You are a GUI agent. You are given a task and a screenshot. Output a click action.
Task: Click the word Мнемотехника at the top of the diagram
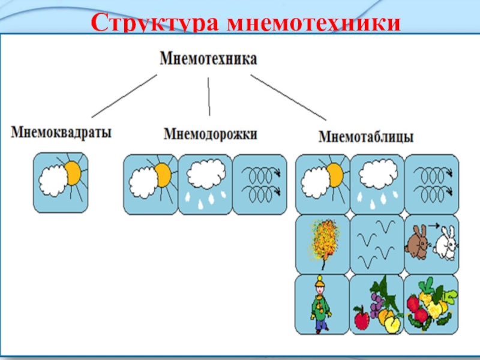pos(208,59)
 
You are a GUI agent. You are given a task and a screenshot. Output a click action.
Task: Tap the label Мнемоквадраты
pos(61,132)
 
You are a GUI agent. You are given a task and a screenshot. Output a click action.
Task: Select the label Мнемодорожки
pos(210,133)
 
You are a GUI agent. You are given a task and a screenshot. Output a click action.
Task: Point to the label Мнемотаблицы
pos(366,137)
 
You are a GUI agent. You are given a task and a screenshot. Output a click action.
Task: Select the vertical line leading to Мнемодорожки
pos(209,96)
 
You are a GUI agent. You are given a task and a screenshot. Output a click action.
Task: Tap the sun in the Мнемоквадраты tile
pos(73,173)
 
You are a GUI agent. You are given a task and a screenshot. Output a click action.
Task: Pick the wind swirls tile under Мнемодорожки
pos(259,184)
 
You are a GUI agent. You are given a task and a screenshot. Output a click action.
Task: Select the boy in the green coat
pos(320,304)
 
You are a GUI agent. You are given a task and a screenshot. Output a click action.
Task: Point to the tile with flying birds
pos(377,244)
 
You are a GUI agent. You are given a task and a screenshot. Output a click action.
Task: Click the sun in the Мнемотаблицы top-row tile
pos(334,175)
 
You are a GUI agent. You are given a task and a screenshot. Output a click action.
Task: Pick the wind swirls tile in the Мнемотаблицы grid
pos(431,184)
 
